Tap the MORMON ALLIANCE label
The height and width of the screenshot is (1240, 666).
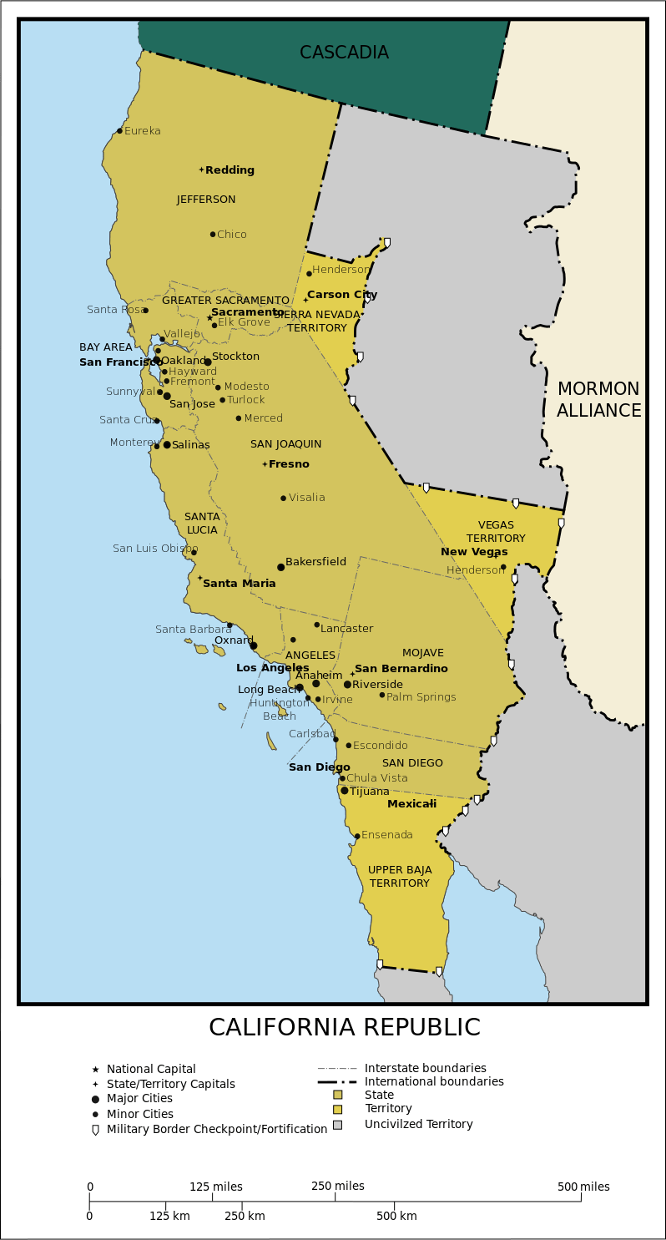point(598,400)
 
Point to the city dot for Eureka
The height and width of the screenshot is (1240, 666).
point(120,130)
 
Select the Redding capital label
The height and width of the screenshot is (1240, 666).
point(230,170)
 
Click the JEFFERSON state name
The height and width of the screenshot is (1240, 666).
point(206,200)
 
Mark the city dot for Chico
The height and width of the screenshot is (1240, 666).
point(213,235)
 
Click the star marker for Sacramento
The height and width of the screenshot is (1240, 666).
point(209,317)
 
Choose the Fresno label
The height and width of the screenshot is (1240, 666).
point(289,464)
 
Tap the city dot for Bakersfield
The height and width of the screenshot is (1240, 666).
point(281,567)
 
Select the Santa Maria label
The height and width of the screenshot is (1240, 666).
point(239,584)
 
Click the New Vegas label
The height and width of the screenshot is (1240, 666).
point(474,552)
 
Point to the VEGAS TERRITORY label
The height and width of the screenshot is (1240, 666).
point(496,531)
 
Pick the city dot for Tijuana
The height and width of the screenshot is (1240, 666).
point(345,790)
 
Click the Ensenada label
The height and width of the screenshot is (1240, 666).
point(386,835)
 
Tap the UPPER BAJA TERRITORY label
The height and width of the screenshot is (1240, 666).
point(400,877)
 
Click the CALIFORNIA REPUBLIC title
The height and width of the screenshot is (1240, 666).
point(344,1027)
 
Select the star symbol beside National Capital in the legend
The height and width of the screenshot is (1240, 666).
point(95,1069)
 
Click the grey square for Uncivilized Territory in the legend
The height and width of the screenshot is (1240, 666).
point(338,1125)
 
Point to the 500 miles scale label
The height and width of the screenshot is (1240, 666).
point(583,1187)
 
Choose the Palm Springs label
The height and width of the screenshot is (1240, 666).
point(421,697)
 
